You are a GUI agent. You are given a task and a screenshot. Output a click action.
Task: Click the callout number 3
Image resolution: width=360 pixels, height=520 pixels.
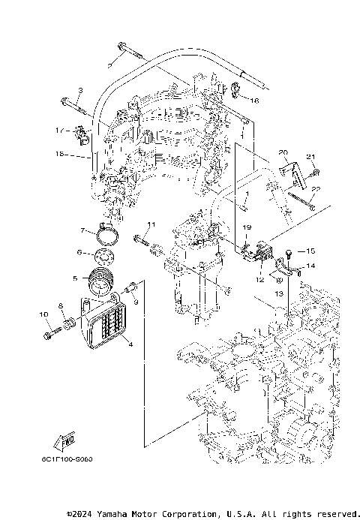[x=80, y=91]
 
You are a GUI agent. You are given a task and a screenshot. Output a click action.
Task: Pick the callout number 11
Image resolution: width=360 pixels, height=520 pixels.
[x=150, y=224]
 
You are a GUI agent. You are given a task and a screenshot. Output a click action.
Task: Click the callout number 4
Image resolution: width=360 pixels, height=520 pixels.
[x=130, y=344]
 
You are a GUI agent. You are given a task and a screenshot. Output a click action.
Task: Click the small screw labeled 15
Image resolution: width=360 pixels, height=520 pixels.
[x=288, y=252]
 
